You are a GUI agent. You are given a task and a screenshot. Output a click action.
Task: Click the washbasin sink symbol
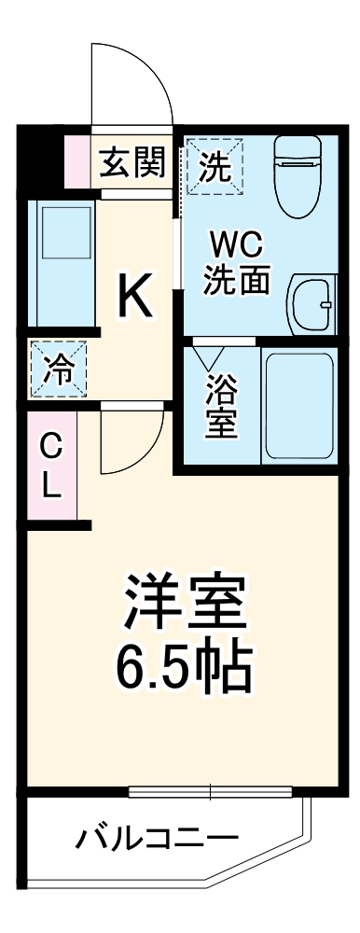[x=312, y=304]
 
